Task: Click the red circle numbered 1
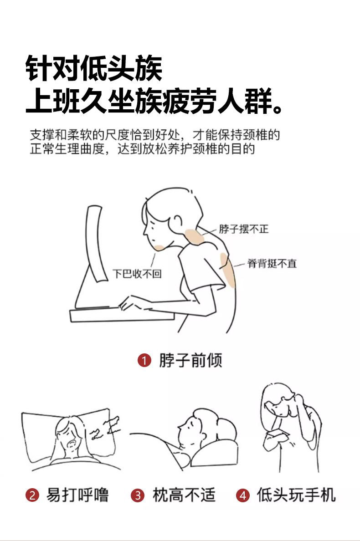[144, 360]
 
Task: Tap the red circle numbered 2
[32, 495]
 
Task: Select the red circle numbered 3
[137, 495]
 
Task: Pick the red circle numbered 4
[242, 495]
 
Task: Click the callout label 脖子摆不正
[244, 229]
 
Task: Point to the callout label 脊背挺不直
[272, 264]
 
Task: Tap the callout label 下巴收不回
[137, 274]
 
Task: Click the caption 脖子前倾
[190, 360]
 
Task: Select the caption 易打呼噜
[77, 495]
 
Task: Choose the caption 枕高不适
[184, 495]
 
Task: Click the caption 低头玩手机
[296, 495]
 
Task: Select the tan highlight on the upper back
[228, 270]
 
